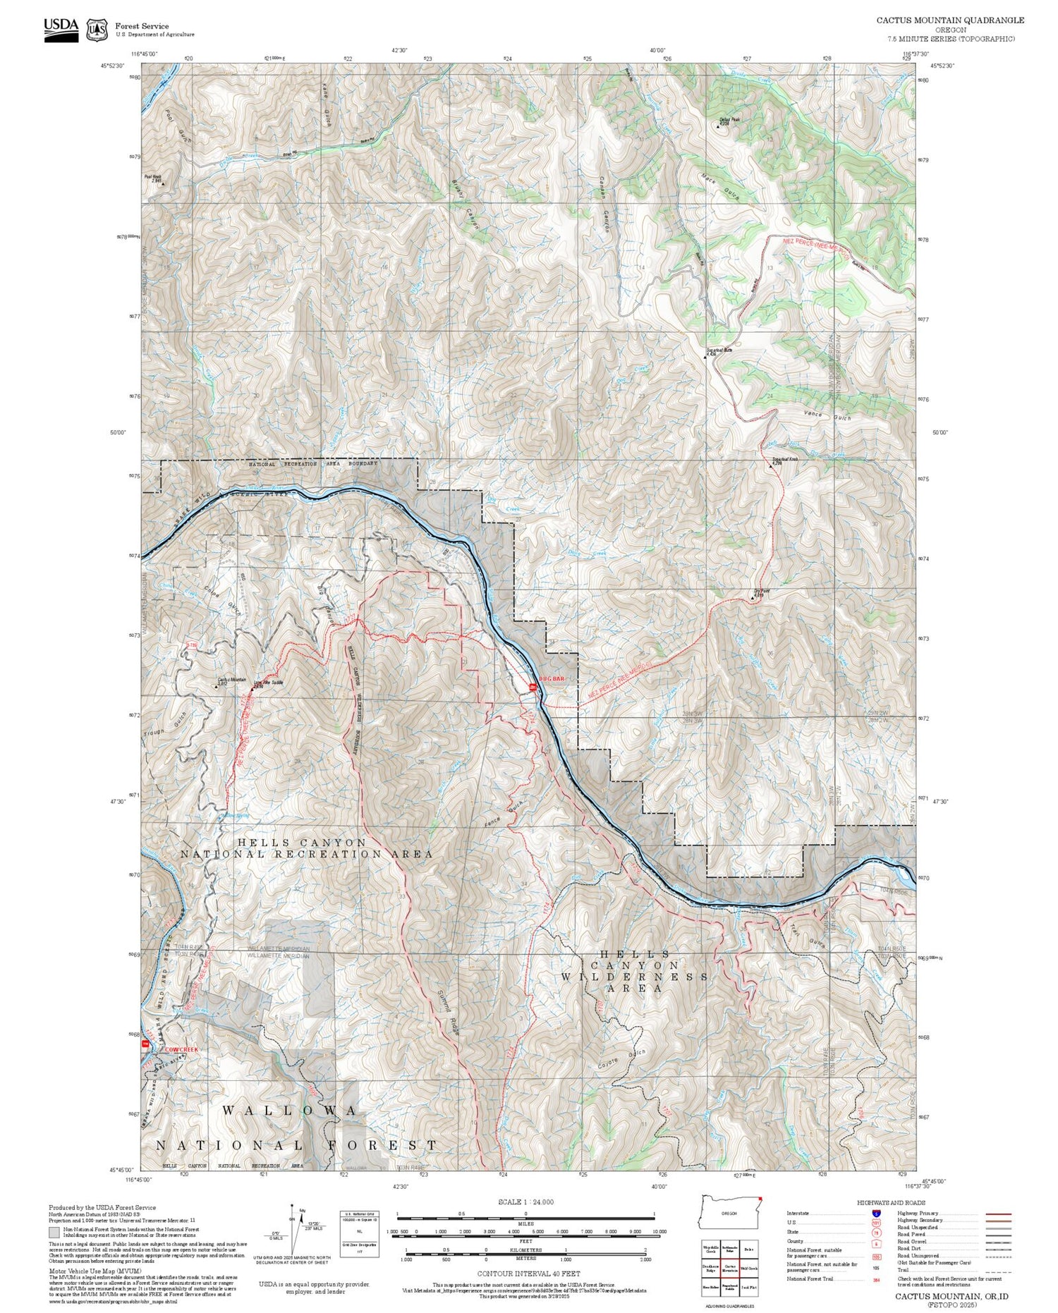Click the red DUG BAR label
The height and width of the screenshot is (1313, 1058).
pyautogui.click(x=552, y=678)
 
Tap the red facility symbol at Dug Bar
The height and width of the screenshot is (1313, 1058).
pyautogui.click(x=534, y=686)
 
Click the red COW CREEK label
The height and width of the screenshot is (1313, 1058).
pyautogui.click(x=181, y=1049)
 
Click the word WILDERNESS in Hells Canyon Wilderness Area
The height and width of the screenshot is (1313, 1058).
pyautogui.click(x=634, y=977)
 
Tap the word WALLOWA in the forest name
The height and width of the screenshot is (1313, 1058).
pyautogui.click(x=290, y=1111)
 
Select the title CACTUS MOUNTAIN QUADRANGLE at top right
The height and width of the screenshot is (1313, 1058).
pyautogui.click(x=950, y=20)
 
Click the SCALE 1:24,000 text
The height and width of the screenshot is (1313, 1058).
pyautogui.click(x=525, y=1202)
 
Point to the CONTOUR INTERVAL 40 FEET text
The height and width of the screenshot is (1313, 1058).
pyautogui.click(x=528, y=1274)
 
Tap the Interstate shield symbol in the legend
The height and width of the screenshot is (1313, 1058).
pyautogui.click(x=876, y=1213)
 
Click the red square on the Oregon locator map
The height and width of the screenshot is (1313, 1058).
pyautogui.click(x=761, y=1198)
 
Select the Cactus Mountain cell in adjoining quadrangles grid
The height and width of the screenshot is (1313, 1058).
pyautogui.click(x=730, y=1268)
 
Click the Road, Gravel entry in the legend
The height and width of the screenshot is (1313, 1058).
pyautogui.click(x=912, y=1240)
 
